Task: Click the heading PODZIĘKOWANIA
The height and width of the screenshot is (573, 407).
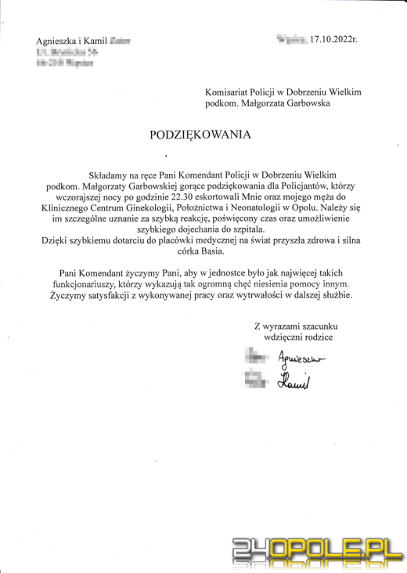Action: point(200,135)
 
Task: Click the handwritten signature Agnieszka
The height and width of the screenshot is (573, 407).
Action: point(303,359)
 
